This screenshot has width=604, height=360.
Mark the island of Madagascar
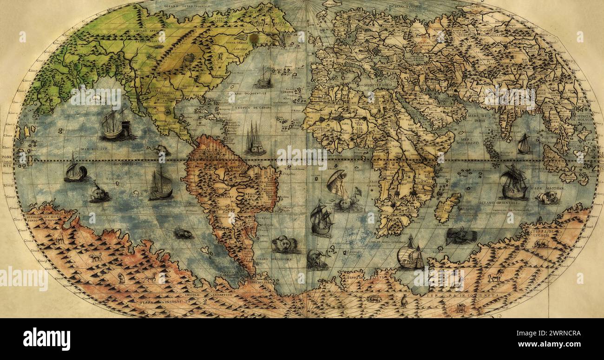tap(446, 208)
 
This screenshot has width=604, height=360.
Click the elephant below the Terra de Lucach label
tap(540, 243)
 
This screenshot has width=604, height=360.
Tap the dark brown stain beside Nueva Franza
tap(254, 37)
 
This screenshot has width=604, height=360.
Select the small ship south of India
tap(524, 144)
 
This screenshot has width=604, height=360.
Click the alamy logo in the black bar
tap(46, 339)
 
